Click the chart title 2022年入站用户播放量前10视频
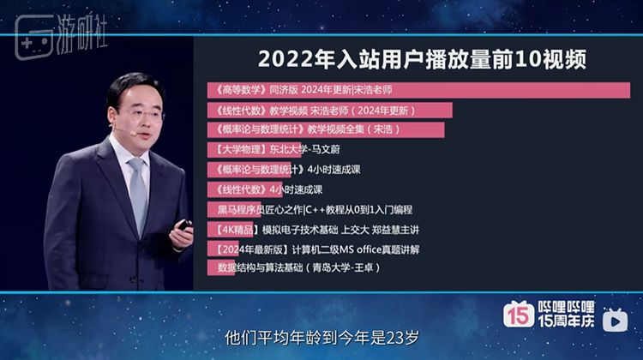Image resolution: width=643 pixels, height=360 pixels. pos(422,59)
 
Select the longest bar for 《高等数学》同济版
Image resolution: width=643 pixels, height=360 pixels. pos(418,90)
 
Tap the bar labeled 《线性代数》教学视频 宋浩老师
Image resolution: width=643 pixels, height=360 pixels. pos(330,111)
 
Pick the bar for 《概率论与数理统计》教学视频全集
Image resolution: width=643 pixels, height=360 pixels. pos(326,130)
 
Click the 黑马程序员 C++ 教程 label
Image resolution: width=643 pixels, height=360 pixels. pos(315,210)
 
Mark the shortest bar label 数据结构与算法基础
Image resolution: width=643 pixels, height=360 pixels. pos(299,267)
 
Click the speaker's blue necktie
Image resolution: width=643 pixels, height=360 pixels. pos(139,195)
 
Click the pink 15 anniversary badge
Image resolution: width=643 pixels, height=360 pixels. pos(519,314)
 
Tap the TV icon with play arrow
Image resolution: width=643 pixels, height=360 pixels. pos(615,320)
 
